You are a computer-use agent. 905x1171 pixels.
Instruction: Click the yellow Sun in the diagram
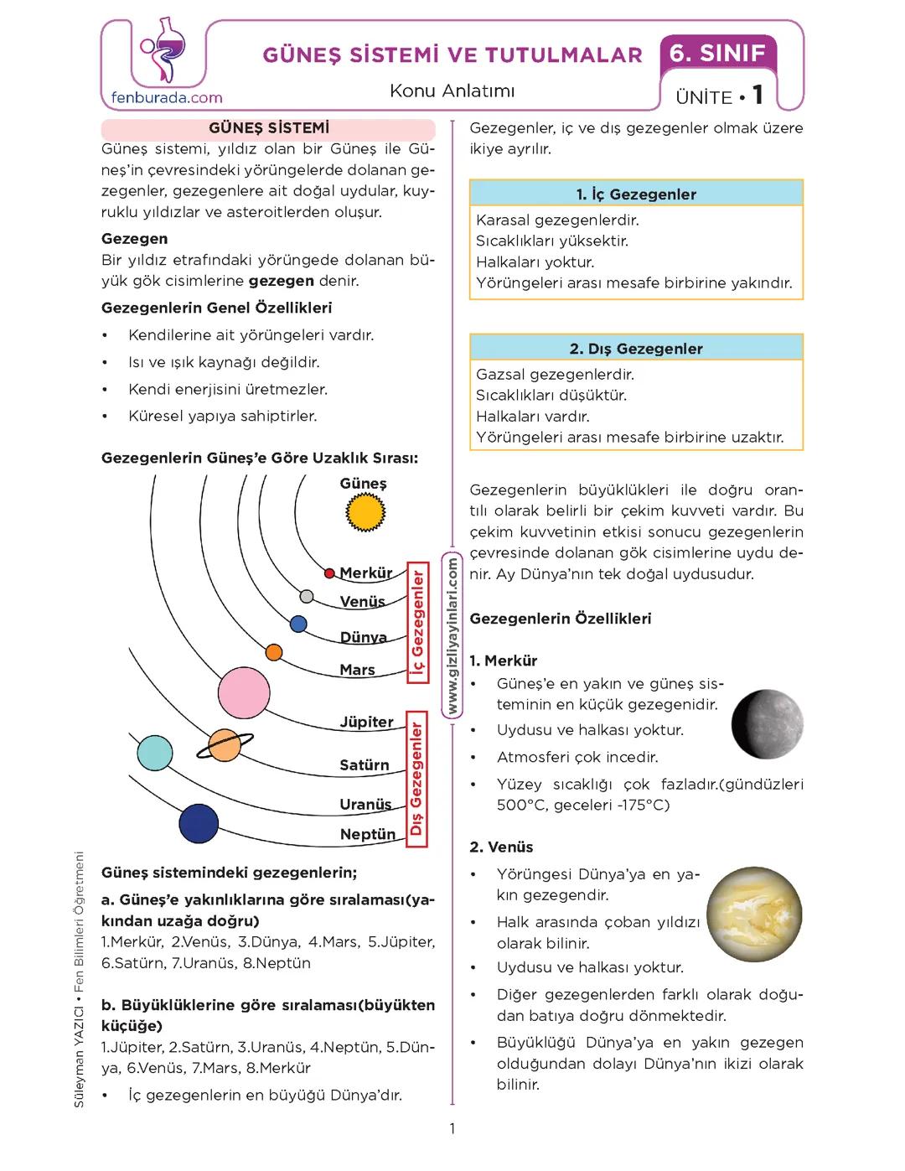365,511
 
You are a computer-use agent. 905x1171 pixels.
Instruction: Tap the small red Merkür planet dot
330,573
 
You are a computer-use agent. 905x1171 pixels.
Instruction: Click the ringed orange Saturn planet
225,744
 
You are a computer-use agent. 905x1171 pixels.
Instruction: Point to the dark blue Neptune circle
199,823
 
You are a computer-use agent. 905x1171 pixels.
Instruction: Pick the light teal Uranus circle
154,753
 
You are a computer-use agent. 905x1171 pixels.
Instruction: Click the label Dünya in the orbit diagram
363,637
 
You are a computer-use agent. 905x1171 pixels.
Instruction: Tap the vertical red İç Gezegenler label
417,623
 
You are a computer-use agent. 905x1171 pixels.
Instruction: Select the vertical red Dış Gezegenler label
416,780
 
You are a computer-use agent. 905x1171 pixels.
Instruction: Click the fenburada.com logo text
167,97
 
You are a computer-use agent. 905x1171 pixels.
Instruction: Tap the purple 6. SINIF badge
718,54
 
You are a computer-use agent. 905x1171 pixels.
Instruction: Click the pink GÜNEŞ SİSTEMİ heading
268,128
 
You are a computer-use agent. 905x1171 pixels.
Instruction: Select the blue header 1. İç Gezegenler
636,194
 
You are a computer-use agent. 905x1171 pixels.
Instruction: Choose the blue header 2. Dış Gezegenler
636,348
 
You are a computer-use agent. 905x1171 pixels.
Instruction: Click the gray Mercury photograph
767,723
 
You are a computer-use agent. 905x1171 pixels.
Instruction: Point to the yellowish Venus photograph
754,913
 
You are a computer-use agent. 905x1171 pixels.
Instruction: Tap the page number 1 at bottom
452,1128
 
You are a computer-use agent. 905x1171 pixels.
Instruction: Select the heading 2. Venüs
501,847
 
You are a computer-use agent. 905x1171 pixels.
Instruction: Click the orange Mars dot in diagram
273,652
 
